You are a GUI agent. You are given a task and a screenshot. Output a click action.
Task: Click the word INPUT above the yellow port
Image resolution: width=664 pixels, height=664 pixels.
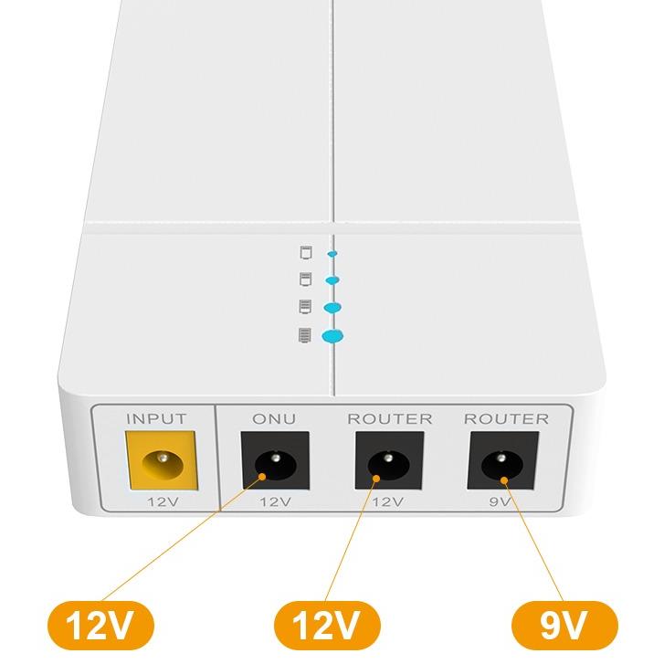(x=155, y=419)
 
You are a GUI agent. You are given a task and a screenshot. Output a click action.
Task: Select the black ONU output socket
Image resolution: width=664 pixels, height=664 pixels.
(x=273, y=464)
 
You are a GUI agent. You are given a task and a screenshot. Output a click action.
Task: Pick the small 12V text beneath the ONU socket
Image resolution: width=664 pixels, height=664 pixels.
(x=274, y=501)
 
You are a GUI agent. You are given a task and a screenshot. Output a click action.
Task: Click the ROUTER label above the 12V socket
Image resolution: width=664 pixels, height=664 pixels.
(x=389, y=419)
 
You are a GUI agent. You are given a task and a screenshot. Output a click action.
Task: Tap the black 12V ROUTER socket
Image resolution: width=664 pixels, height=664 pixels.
(x=388, y=464)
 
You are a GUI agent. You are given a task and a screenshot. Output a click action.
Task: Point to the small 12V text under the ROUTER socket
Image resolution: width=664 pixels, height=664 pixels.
(x=390, y=501)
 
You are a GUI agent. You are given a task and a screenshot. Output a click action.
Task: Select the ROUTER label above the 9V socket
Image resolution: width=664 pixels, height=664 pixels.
(x=507, y=419)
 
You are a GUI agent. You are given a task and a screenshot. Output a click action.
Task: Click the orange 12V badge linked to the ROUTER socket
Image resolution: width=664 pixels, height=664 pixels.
(x=325, y=626)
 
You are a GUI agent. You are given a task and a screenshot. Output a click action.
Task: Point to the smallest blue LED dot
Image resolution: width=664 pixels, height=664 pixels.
(x=332, y=253)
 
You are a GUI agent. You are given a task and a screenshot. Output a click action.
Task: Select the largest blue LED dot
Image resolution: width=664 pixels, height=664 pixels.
(x=333, y=337)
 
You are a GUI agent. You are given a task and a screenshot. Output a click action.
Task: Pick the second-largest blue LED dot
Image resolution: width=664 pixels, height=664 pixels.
(x=332, y=308)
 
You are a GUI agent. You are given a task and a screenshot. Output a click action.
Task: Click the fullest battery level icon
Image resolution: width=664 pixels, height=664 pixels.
(x=304, y=334)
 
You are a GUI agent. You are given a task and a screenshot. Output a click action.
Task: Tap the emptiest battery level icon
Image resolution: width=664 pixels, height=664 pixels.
(x=306, y=250)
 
